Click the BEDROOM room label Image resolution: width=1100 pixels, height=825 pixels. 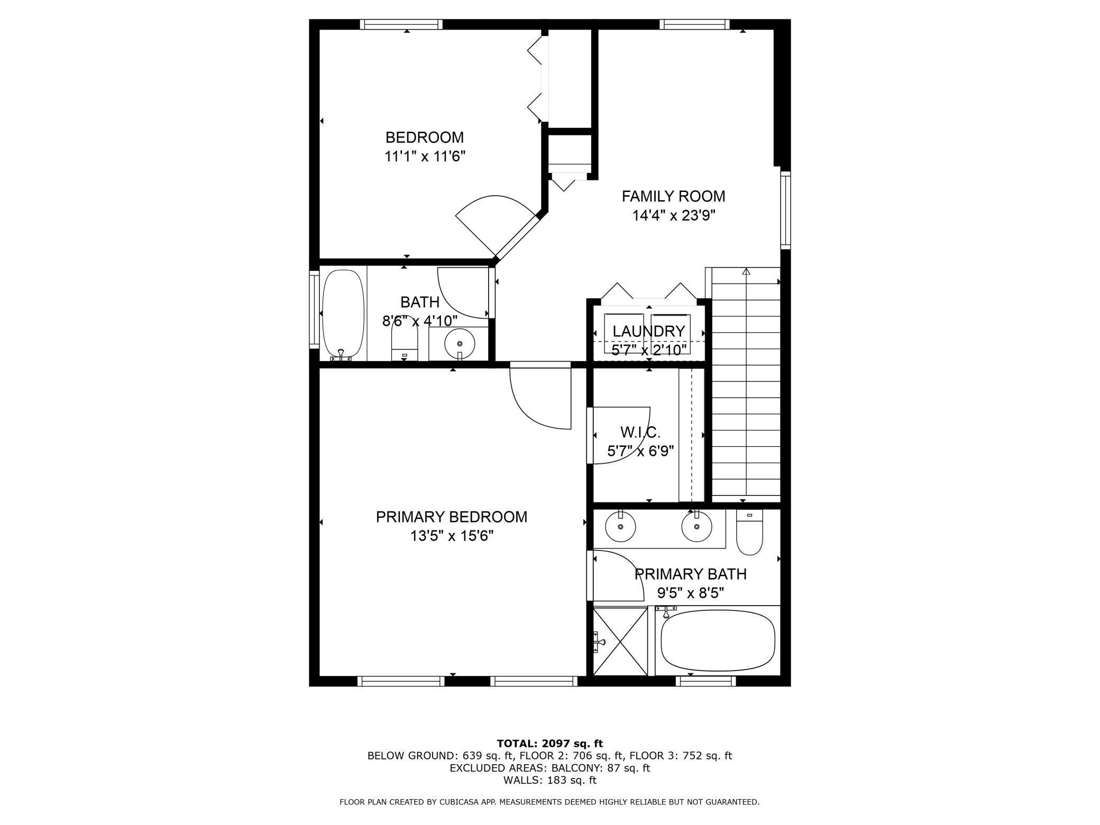point(424,137)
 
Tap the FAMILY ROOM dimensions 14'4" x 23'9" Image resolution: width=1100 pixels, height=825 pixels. point(673,216)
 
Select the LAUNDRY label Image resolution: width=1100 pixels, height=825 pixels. point(648,332)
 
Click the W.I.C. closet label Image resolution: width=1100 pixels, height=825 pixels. point(640,433)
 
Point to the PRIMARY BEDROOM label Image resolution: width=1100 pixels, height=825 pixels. point(451,517)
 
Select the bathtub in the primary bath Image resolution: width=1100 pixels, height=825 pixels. point(718,640)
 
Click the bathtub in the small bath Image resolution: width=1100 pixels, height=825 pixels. point(343,314)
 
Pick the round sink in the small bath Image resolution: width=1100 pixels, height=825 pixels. point(460,343)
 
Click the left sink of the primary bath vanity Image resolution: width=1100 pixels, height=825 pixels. point(620,527)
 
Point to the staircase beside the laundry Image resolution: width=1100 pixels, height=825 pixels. point(746,386)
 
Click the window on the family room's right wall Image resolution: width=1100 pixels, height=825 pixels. point(785,210)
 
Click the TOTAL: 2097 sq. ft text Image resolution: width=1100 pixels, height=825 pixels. point(549,744)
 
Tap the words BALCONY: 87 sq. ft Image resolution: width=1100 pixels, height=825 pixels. point(600,768)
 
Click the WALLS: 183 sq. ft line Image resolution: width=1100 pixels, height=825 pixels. point(549,780)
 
